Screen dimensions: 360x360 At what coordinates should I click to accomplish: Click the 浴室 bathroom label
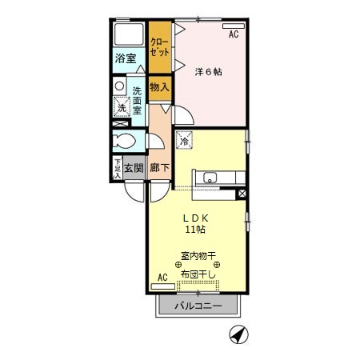[125, 59]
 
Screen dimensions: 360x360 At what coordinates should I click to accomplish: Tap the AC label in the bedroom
[234, 35]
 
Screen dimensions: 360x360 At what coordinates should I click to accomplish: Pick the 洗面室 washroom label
[137, 100]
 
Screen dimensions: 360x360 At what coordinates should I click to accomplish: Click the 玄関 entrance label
[134, 168]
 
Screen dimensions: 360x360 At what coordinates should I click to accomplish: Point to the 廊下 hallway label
[160, 168]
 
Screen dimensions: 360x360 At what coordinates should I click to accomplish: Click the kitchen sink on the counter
[212, 178]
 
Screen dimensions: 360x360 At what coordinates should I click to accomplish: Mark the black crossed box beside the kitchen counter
[242, 193]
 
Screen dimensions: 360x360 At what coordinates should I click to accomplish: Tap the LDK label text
[196, 217]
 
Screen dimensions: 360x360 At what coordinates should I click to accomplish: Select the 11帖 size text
[196, 230]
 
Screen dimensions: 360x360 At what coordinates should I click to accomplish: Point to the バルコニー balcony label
[198, 305]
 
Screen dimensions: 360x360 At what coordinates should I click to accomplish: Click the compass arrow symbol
[238, 334]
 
